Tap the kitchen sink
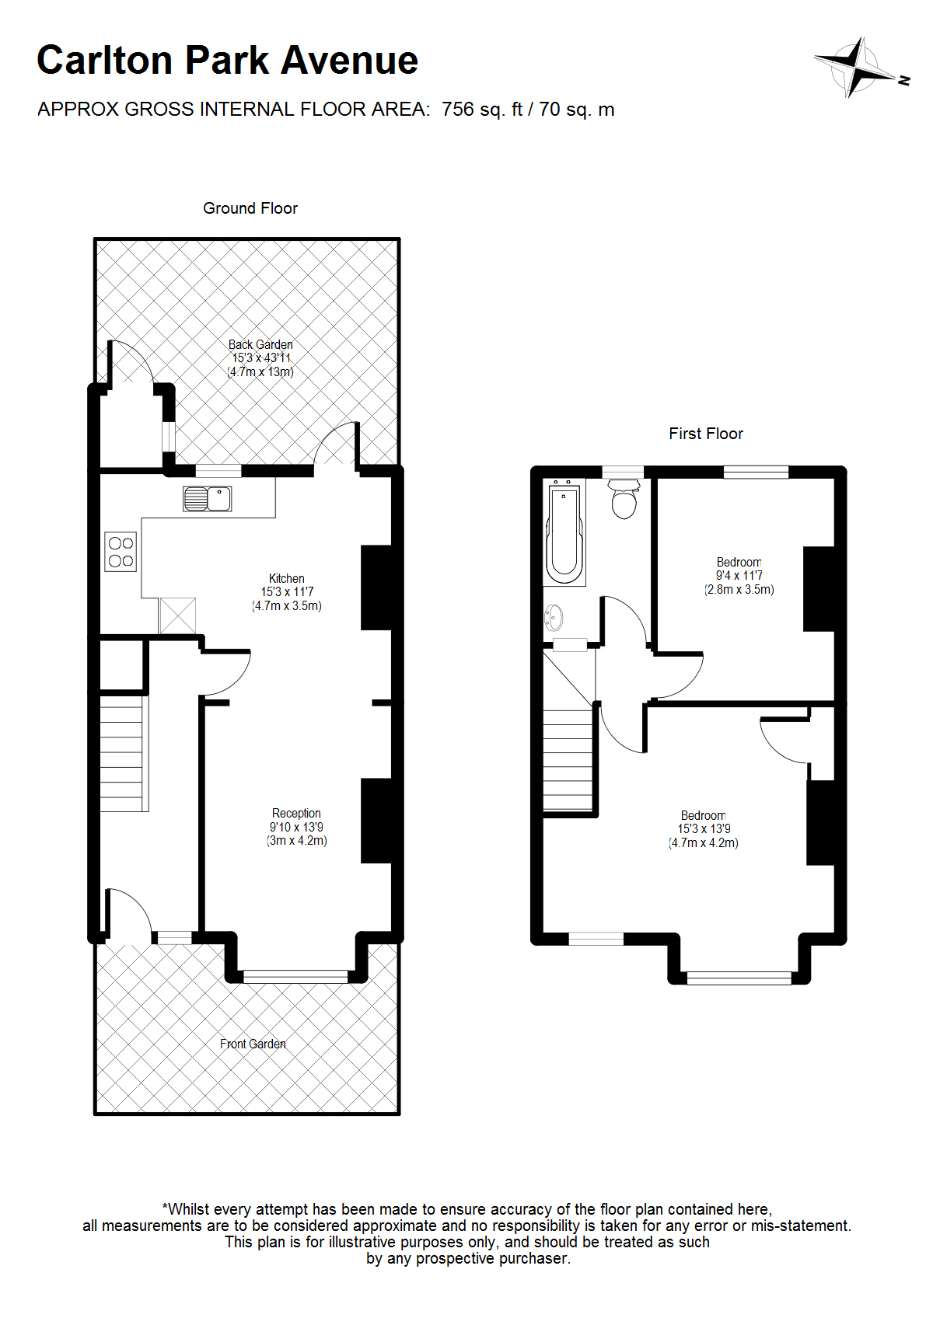[207, 498]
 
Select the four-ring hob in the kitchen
[121, 551]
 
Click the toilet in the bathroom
[624, 498]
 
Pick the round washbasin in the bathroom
[554, 618]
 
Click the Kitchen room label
[287, 578]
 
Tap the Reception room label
[296, 813]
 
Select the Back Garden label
[260, 344]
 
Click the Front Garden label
[253, 1044]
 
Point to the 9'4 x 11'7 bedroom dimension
[739, 575]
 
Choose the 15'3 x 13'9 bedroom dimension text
[704, 828]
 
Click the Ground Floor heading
[250, 208]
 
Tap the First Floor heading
[706, 434]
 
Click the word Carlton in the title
[105, 60]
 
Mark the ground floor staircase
[124, 754]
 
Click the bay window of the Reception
[295, 976]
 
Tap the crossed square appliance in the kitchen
[177, 615]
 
